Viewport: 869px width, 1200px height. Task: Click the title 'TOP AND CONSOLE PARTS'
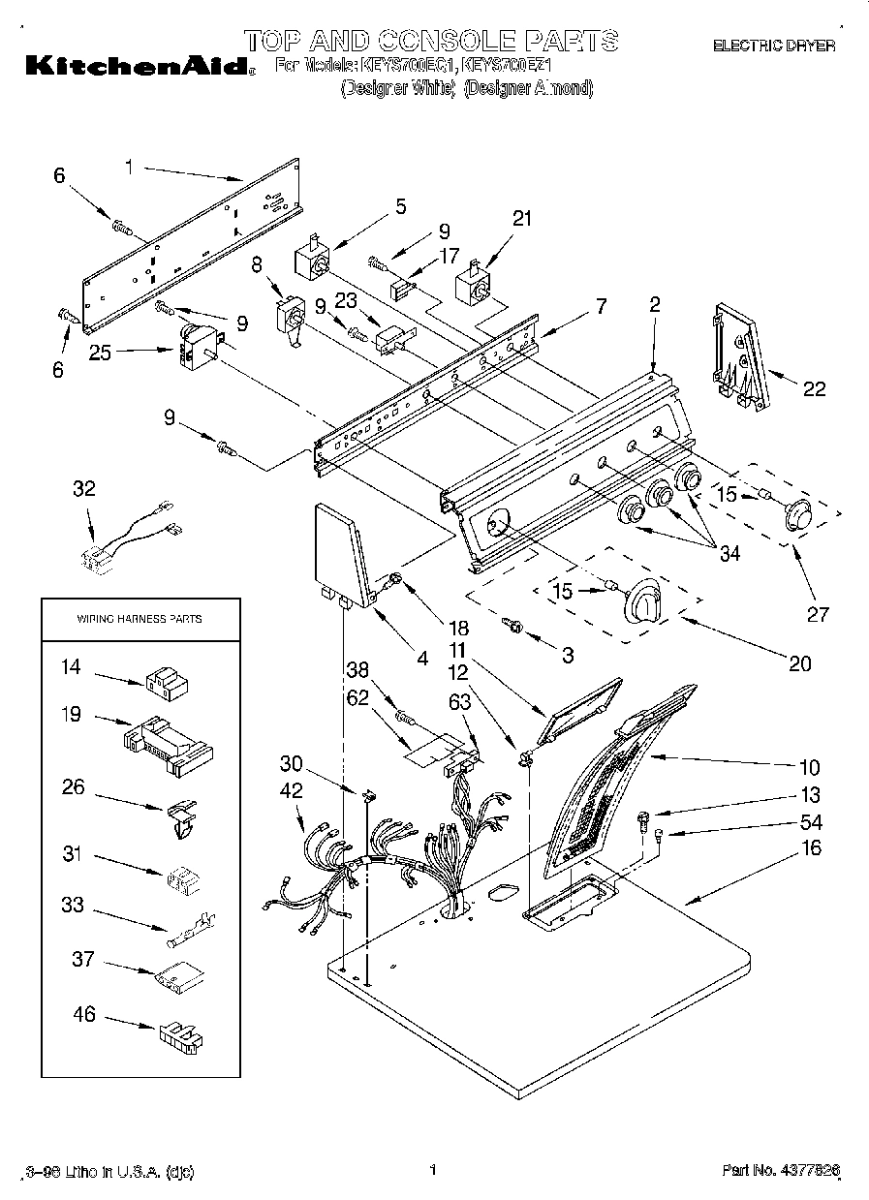tap(430, 41)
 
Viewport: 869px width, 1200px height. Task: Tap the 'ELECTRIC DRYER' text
tap(773, 46)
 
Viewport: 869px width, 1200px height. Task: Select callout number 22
tap(815, 388)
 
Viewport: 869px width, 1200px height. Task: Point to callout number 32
tap(84, 489)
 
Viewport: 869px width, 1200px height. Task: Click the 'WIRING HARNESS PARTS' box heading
tap(140, 619)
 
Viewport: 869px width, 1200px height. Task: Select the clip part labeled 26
tap(179, 815)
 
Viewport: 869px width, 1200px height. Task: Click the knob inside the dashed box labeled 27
tap(797, 513)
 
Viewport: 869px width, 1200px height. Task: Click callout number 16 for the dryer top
tap(811, 848)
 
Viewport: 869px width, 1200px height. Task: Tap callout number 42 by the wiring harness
tap(292, 791)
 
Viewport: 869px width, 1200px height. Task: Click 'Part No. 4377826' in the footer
tap(780, 1171)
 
